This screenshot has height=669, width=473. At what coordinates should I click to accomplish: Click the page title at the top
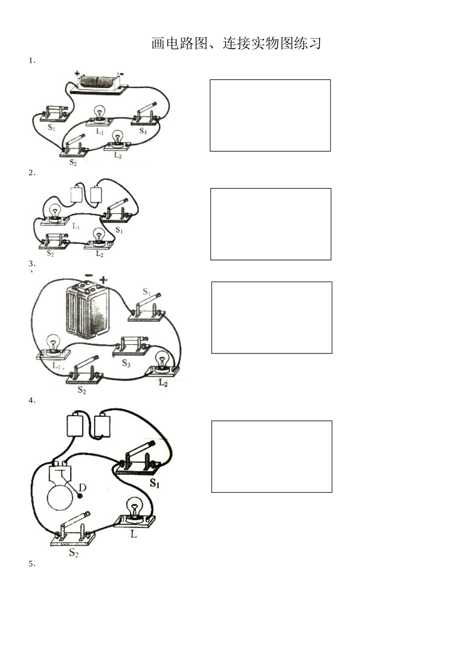coord(236,43)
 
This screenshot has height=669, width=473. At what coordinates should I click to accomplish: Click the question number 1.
coord(32,61)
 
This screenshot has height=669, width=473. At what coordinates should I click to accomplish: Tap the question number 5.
coord(32,564)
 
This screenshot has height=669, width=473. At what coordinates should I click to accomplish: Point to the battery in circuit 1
coord(99,83)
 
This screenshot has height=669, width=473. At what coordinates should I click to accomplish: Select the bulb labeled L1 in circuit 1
coord(99,116)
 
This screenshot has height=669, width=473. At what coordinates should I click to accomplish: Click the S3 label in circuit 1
coord(143,131)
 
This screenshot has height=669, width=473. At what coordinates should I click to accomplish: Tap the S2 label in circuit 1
coord(73,162)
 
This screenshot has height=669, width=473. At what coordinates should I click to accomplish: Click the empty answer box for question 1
coord(270,115)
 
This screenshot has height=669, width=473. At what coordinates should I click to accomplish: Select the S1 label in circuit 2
coord(119,230)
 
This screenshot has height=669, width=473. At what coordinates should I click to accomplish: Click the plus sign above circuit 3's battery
coord(103,280)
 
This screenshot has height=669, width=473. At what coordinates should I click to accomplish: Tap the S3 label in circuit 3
coord(126,363)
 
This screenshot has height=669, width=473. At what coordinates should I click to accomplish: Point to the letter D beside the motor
coord(83,488)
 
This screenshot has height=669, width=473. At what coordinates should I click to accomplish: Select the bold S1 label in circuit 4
coord(154,483)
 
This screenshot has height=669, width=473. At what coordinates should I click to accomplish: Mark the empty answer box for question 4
coord(272,456)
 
